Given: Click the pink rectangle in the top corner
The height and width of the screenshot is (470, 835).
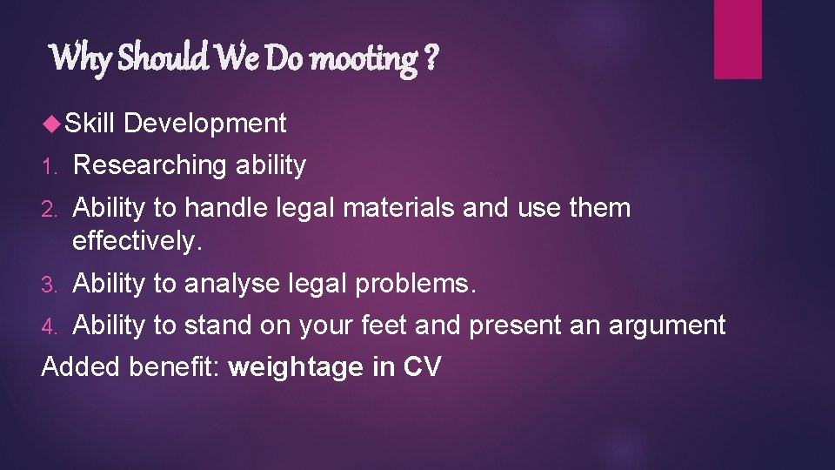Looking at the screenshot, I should pos(738,39).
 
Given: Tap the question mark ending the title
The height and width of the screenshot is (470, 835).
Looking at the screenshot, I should pos(431,59).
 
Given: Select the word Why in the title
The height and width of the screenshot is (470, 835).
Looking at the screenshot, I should pos(80,59).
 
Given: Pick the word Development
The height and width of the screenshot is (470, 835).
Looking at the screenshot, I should pos(205,124).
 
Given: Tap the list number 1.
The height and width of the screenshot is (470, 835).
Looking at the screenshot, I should pos(49,165).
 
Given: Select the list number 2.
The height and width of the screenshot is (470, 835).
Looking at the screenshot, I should pos(50,209).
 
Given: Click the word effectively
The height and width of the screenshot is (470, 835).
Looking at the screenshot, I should pos(137,240).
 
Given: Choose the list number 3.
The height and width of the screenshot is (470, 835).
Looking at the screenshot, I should pos(50,285).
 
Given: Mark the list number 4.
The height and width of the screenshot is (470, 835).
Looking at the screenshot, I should pos(50,326).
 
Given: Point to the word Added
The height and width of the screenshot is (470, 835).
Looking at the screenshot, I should pos(82,367).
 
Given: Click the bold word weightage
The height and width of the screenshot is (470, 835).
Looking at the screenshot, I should pos(296,368).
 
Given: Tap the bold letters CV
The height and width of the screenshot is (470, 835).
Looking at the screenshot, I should pos(422,367).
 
